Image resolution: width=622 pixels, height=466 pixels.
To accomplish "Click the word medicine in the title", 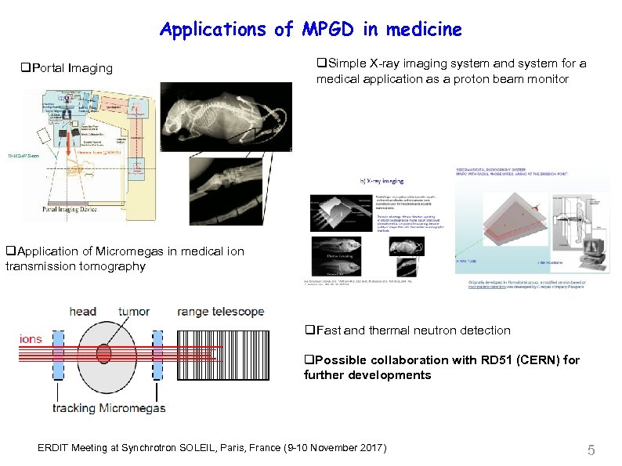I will (423, 30).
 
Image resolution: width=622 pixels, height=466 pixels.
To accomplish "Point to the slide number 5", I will (591, 450).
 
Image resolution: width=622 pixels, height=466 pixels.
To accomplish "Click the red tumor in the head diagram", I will (104, 354).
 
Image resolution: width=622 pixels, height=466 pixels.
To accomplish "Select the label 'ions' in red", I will (31, 339).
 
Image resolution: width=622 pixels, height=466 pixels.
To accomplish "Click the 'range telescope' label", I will (221, 312).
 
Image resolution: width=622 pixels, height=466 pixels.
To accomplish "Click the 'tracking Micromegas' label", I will (109, 408).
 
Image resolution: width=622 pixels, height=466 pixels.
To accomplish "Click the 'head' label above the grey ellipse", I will (83, 312).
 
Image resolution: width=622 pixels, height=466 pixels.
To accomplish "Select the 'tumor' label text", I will (134, 312).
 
